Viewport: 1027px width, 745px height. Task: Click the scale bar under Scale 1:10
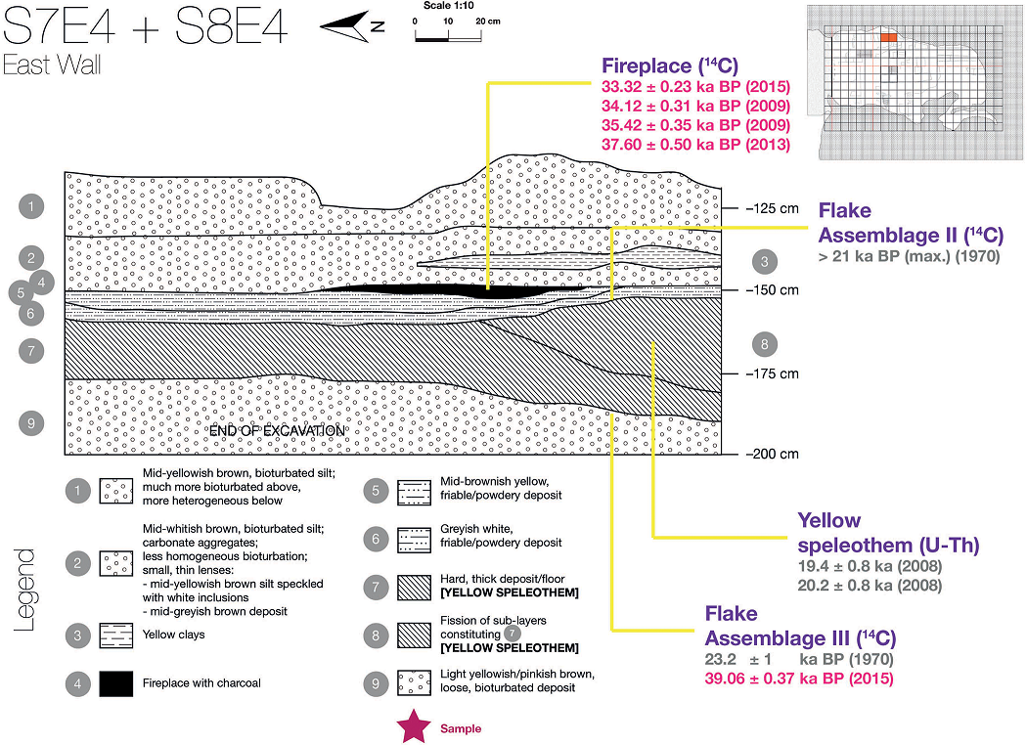coord(447,38)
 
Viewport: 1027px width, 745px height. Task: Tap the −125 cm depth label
coord(772,208)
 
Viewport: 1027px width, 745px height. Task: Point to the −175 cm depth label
coord(772,373)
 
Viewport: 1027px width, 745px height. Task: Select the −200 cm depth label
coord(772,454)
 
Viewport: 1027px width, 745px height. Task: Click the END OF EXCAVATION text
coord(276,431)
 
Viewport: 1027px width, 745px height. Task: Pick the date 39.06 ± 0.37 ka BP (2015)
coord(799,678)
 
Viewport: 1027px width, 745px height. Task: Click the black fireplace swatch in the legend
coord(116,684)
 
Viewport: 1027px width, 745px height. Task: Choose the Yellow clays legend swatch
coord(116,635)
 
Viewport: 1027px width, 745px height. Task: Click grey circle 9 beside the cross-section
coord(32,422)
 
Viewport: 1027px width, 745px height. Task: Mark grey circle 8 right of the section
coord(764,344)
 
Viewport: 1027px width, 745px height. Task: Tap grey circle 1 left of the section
coord(32,206)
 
